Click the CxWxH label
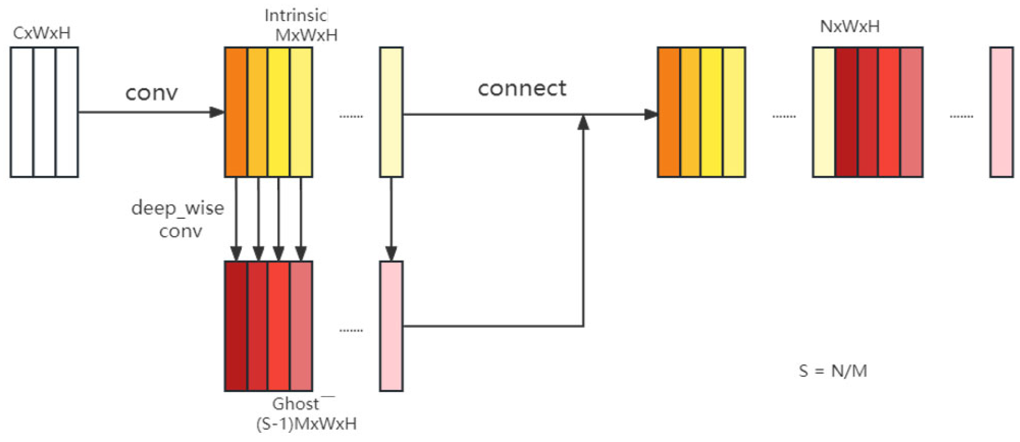[x=42, y=33]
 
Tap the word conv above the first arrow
[x=152, y=93]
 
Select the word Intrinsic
[x=296, y=16]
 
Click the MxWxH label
[x=307, y=35]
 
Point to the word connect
[x=522, y=88]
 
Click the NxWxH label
[x=850, y=26]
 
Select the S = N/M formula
[x=833, y=371]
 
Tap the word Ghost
[x=296, y=404]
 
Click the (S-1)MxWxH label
[x=307, y=424]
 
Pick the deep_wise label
[x=177, y=208]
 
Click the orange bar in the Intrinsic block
[x=236, y=112]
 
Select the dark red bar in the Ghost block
[x=236, y=325]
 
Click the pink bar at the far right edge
[x=1002, y=112]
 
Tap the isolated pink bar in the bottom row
[x=391, y=325]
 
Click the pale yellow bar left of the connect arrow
[x=391, y=112]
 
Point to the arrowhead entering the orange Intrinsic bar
[x=217, y=112]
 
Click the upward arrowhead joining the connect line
[x=583, y=123]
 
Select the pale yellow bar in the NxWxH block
[x=824, y=112]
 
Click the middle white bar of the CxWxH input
[x=44, y=112]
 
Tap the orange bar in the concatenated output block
[x=669, y=112]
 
